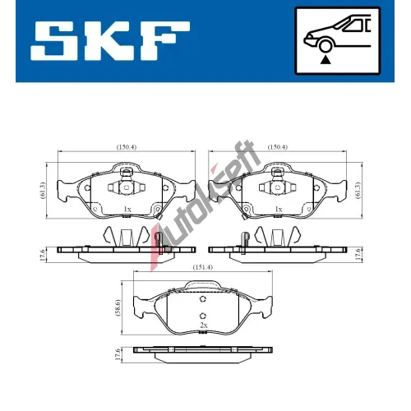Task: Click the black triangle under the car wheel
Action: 326,60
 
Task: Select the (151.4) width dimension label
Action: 203,267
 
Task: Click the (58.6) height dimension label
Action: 118,307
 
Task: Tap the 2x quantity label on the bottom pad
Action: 204,326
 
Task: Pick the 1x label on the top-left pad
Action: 127,209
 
